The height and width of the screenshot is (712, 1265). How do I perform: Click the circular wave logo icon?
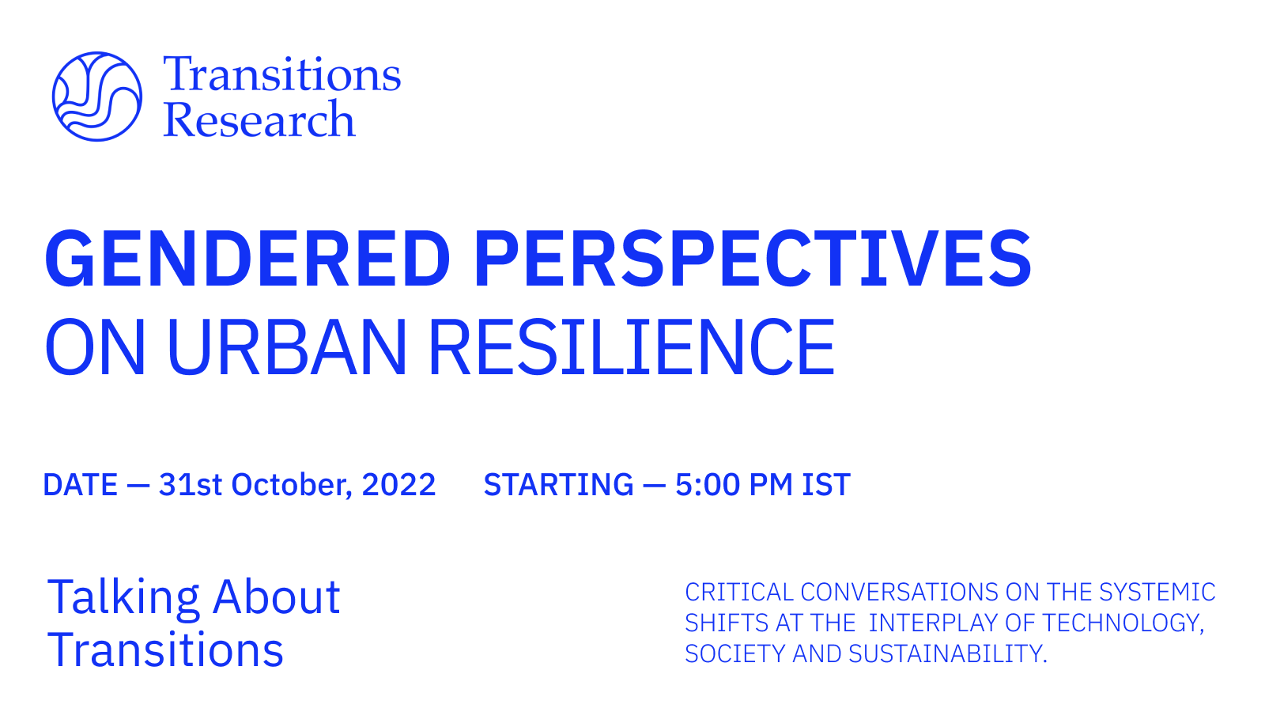pyautogui.click(x=96, y=97)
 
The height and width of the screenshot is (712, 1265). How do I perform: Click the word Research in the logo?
pyautogui.click(x=259, y=120)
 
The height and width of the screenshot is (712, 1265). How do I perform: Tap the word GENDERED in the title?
pyautogui.click(x=247, y=259)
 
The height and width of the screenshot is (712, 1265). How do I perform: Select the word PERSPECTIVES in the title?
pyautogui.click(x=752, y=259)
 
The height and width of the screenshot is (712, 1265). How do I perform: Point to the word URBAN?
pyautogui.click(x=287, y=347)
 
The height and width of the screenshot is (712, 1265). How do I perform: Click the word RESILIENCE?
pyautogui.click(x=631, y=347)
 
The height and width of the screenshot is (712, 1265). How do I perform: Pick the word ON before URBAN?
pyautogui.click(x=95, y=347)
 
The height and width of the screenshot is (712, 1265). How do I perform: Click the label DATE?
pyautogui.click(x=80, y=485)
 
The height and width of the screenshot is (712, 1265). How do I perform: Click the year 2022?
pyautogui.click(x=398, y=485)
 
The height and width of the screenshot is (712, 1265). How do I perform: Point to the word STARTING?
pyautogui.click(x=558, y=485)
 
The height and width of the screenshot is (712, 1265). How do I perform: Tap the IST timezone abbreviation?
pyautogui.click(x=826, y=485)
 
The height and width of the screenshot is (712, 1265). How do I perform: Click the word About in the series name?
pyautogui.click(x=276, y=597)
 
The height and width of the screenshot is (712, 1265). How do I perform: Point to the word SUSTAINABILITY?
pyautogui.click(x=947, y=653)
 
